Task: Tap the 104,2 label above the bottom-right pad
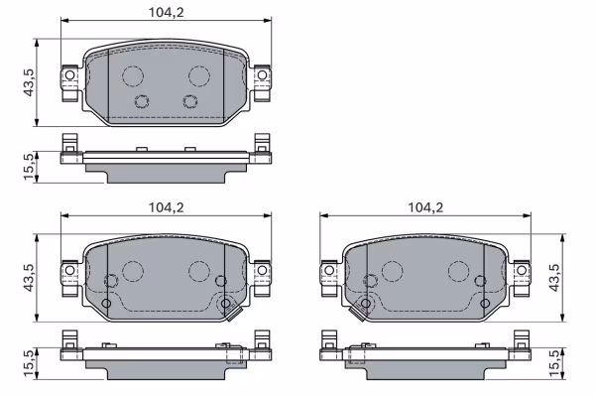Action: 424,208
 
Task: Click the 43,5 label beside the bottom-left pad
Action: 30,279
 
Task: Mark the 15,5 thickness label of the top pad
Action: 30,165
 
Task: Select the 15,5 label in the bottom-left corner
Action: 30,361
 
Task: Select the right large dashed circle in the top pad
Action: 199,75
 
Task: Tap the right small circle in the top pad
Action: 190,100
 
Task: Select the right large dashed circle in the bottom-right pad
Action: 458,271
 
